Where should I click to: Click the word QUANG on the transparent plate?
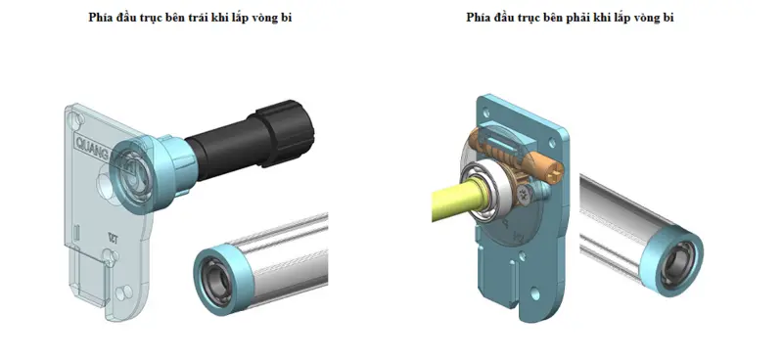point(95,142)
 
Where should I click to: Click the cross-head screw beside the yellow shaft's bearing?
point(530,197)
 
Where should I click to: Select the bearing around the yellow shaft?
point(493,191)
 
